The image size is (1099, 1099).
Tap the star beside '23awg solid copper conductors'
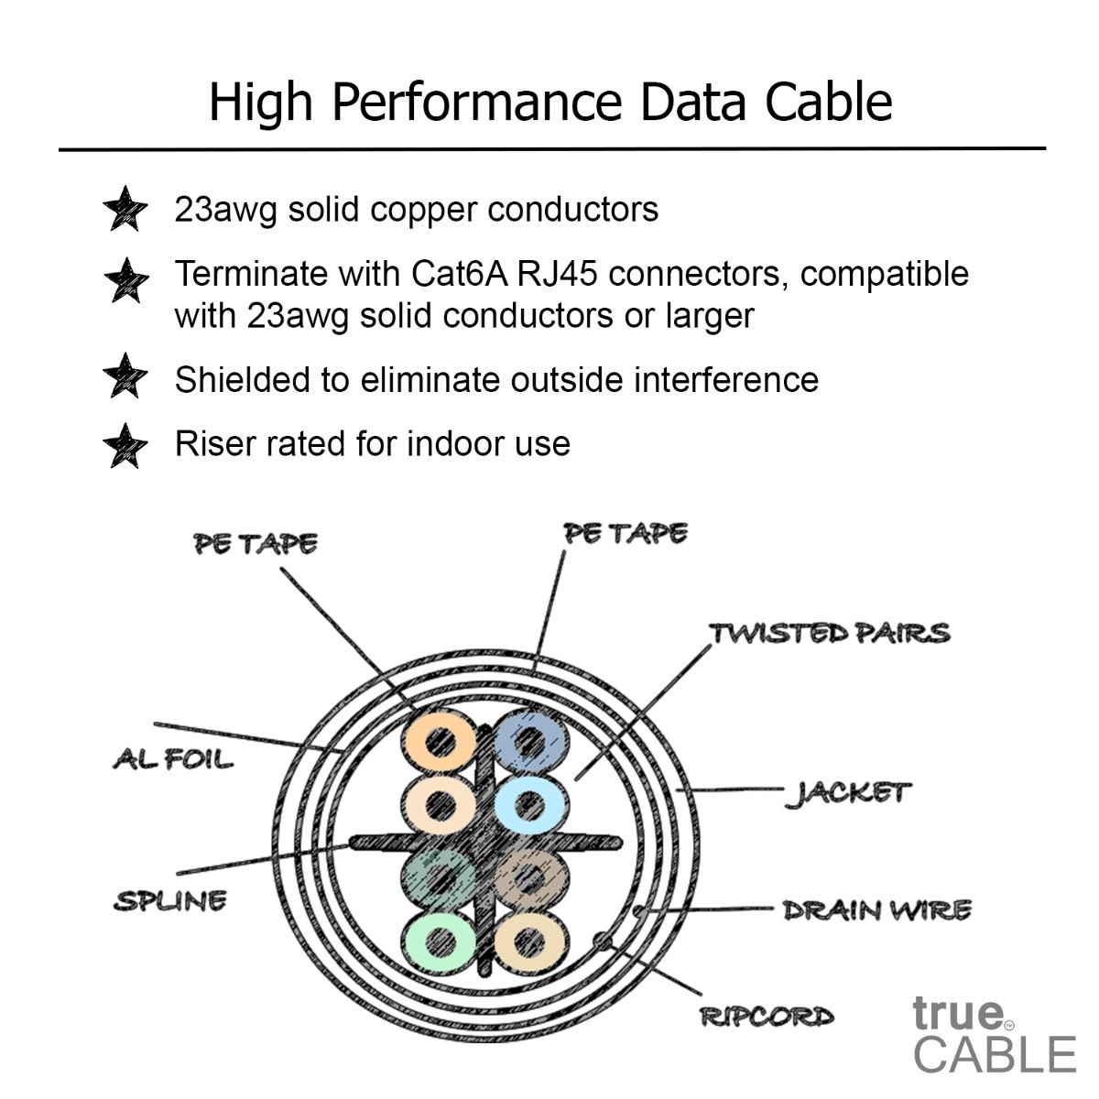125,210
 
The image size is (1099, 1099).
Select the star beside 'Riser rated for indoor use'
125,446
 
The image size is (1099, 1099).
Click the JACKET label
848,792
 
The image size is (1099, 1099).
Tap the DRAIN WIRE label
876,910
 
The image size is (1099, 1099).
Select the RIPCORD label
767,1017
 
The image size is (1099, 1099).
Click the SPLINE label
170,900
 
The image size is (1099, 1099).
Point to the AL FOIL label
173,759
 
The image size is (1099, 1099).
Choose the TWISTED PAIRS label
830,633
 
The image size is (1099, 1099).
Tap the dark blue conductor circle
529,740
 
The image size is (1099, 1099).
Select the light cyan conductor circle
529,805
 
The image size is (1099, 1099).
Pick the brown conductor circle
529,877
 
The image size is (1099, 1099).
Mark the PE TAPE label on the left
256,544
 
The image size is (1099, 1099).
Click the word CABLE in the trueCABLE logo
995,1054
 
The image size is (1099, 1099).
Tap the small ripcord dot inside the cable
602,941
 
